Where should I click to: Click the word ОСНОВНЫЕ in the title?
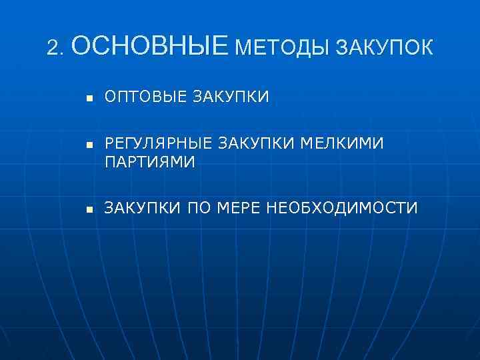[148, 46]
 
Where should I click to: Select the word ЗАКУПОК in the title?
[385, 48]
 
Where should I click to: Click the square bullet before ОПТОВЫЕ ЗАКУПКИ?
[87, 99]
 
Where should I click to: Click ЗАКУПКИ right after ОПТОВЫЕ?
[231, 97]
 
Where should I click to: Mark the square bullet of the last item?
[87, 209]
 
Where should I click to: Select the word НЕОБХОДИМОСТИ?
[343, 208]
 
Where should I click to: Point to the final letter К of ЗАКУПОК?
[426, 48]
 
